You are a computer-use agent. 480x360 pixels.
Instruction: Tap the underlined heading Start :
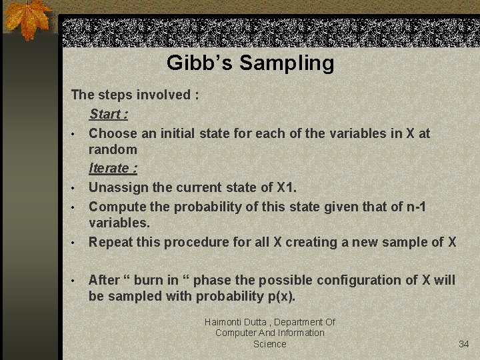point(109,114)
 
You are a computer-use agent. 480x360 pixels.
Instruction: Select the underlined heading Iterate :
point(113,168)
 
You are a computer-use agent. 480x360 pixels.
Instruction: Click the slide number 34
point(464,344)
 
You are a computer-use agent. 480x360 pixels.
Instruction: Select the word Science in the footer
point(269,344)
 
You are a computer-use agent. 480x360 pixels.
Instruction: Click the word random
point(113,149)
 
